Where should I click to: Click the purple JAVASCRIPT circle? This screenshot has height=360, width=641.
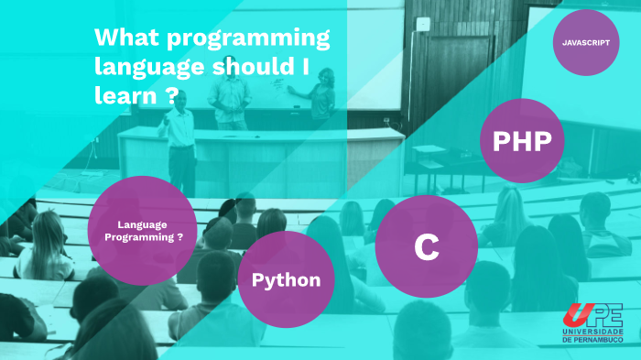click(586, 42)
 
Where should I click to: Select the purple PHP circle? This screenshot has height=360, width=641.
click(522, 141)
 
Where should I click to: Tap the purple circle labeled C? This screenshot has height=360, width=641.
click(427, 246)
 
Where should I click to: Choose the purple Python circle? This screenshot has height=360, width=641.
click(286, 279)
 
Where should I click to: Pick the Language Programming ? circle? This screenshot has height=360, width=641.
click(142, 231)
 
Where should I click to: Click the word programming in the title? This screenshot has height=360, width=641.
click(248, 38)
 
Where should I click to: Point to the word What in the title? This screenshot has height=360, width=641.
click(126, 37)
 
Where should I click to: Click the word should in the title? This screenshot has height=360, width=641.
click(253, 66)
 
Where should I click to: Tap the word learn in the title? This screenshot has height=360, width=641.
click(125, 95)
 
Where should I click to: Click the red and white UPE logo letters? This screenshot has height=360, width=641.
click(592, 315)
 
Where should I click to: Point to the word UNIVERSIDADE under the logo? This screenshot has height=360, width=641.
click(592, 332)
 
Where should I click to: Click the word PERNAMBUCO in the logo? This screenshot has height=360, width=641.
click(599, 340)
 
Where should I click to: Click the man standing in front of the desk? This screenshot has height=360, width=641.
click(179, 143)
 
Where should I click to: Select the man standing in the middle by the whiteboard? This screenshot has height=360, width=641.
click(230, 94)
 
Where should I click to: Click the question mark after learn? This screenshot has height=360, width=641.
click(172, 95)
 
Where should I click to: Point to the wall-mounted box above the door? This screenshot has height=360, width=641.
click(422, 24)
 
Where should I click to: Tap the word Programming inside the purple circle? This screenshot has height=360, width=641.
click(139, 237)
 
